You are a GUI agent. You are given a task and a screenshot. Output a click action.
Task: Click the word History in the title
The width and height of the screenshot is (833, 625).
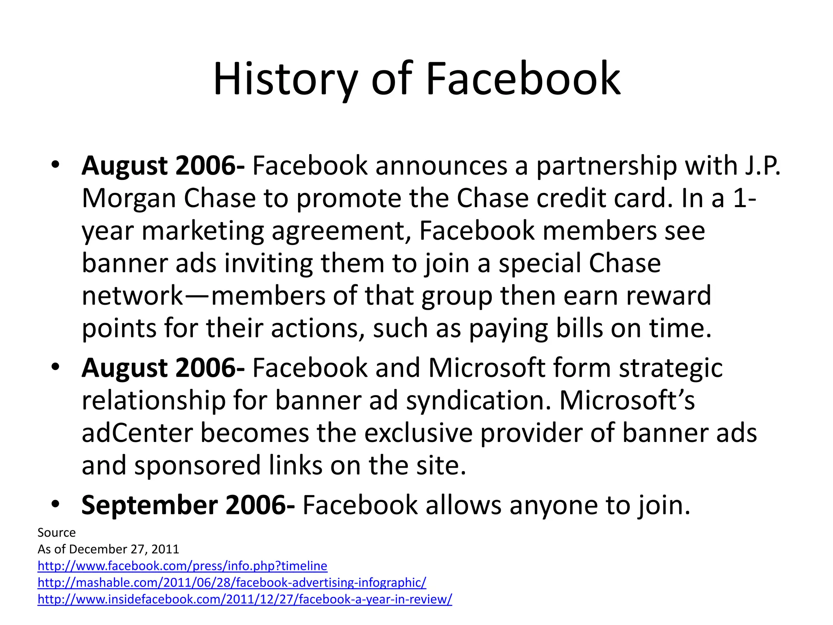tap(285, 79)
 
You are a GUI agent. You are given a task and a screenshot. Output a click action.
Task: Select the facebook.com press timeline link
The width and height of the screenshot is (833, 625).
tap(182, 566)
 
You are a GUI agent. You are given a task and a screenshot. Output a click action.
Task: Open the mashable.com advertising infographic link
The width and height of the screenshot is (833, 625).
tap(232, 583)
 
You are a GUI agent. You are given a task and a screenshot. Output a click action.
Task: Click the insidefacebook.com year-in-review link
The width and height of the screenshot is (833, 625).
tap(244, 599)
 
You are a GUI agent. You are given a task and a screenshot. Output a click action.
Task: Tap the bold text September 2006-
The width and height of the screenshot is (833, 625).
tap(188, 505)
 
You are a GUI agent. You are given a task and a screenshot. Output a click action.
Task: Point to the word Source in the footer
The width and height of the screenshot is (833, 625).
tap(57, 533)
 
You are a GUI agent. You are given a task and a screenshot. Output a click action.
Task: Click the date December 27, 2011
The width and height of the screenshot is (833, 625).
tap(124, 549)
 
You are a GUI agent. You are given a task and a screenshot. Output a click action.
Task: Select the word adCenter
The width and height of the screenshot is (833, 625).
tap(137, 433)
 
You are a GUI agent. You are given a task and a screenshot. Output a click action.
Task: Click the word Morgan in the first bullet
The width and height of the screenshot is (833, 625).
tap(129, 199)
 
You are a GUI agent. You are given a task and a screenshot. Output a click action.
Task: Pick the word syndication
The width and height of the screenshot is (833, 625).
tap(478, 400)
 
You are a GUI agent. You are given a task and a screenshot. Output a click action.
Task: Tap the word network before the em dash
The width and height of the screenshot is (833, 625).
tap(133, 296)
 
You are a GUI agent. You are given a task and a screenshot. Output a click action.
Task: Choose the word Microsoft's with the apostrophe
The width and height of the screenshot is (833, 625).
tap(627, 400)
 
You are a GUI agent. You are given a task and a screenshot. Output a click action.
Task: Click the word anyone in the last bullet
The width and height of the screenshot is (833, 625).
tap(553, 505)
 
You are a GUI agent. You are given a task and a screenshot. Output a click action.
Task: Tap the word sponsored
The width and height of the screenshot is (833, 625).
tap(197, 465)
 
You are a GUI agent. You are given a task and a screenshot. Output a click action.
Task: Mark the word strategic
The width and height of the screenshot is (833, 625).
tap(671, 368)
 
